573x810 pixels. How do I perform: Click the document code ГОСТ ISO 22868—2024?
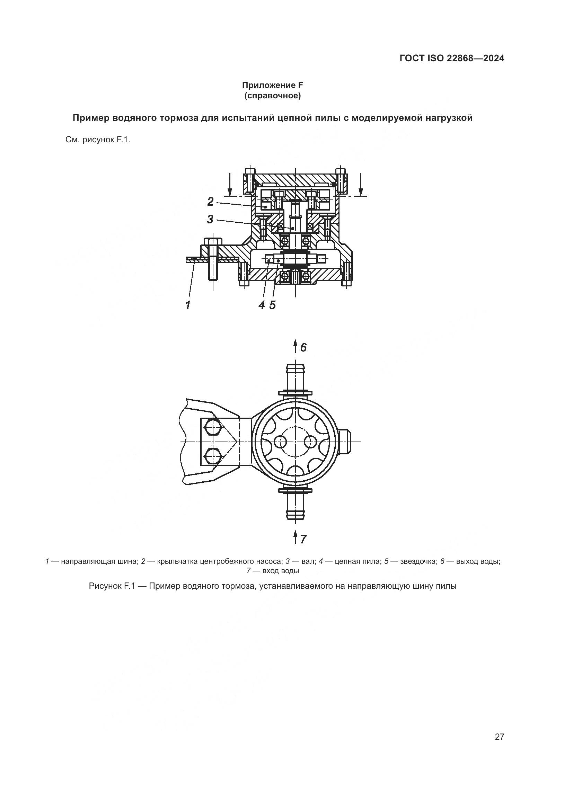(x=452, y=59)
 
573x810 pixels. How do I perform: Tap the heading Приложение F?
(x=272, y=85)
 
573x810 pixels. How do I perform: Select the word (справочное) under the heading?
(x=272, y=96)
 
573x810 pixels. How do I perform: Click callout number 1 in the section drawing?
(x=188, y=305)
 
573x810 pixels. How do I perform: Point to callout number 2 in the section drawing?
(x=210, y=202)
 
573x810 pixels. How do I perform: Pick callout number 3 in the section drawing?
(x=210, y=220)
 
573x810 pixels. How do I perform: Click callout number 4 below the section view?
(x=262, y=305)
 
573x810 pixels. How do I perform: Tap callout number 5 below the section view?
(x=272, y=305)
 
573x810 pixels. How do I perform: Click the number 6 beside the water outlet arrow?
(x=303, y=347)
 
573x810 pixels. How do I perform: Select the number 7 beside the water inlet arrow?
(x=303, y=539)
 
